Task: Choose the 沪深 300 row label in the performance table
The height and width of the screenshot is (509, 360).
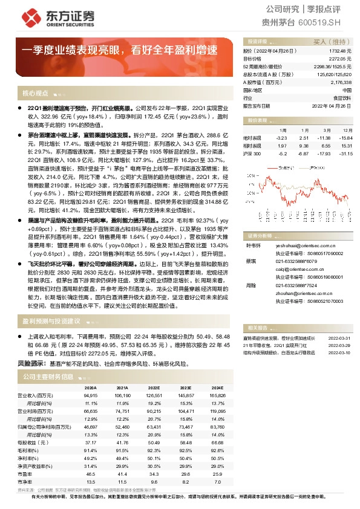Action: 252,154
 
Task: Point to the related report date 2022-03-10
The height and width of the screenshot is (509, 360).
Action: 339,352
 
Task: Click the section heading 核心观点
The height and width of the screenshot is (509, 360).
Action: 35,94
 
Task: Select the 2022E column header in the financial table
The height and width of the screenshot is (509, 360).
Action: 154,388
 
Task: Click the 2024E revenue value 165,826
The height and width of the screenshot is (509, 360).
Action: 217,395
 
